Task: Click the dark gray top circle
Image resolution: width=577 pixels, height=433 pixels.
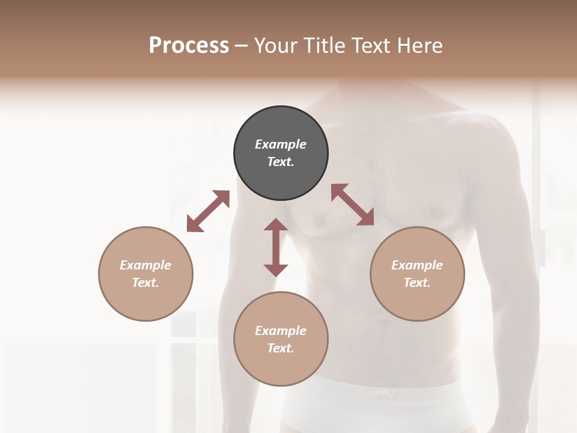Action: coord(281,153)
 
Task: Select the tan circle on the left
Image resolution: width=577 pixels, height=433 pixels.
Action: coord(145,274)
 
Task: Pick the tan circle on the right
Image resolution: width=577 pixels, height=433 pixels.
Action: coord(417,274)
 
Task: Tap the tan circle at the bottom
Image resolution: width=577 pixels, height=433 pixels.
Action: coord(281,339)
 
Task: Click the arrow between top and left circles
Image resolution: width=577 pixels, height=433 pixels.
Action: coord(208,211)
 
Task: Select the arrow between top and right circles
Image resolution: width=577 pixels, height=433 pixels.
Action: coord(353,205)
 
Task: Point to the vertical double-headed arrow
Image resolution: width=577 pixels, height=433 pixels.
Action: coord(276,247)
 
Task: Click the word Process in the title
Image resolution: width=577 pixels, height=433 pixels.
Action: coord(189,46)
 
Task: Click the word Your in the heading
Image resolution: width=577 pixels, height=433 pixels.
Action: coord(276,46)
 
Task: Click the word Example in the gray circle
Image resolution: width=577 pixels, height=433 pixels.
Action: coord(281,144)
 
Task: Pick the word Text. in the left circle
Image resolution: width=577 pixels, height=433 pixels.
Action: coord(145,283)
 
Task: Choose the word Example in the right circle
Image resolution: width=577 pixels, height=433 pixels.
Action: coord(417,265)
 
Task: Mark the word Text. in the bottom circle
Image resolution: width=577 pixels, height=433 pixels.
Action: coord(281,348)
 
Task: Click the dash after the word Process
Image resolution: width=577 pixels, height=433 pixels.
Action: coord(242,46)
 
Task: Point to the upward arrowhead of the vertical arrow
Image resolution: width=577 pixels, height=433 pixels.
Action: coord(276,226)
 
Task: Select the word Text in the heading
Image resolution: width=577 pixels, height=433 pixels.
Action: coord(372,46)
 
